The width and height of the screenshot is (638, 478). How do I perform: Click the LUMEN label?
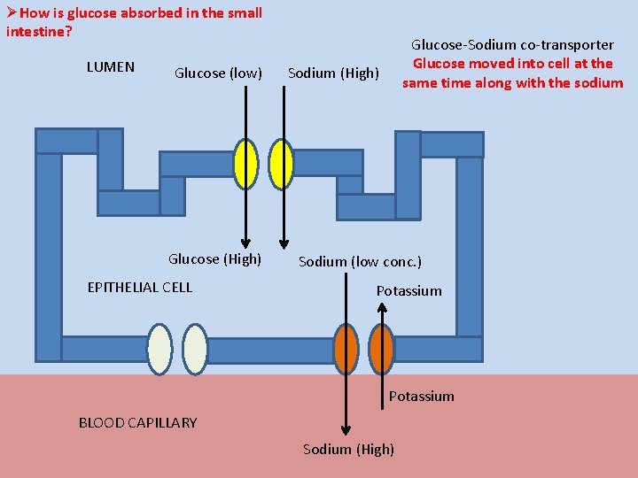coord(111,66)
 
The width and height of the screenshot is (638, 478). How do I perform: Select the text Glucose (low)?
coord(218,73)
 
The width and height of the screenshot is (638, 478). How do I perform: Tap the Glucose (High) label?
coord(214,258)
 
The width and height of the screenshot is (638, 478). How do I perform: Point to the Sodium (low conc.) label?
coord(360,261)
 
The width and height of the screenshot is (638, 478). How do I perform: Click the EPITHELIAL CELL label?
coord(139,287)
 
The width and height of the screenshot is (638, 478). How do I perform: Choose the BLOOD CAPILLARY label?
coord(137,422)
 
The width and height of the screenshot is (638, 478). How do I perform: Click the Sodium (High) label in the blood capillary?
coord(348,449)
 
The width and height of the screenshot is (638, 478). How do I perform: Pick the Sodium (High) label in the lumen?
coord(333,73)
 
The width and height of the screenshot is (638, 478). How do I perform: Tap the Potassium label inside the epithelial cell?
coord(408,290)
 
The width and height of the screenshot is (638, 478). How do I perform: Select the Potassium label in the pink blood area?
coord(421,396)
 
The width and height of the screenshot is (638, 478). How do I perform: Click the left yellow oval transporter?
coord(245,165)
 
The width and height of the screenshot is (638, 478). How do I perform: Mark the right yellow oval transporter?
coord(281,165)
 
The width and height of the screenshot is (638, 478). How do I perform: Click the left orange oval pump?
coord(346,349)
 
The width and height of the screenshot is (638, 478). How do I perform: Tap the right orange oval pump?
coord(382,349)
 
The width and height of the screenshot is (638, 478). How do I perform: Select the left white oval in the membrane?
coord(159,349)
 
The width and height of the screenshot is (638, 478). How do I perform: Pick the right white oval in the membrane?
coord(195,349)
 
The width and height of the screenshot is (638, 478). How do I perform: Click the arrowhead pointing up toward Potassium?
coord(382,307)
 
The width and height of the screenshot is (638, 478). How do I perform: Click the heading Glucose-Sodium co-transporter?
coord(512,44)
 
